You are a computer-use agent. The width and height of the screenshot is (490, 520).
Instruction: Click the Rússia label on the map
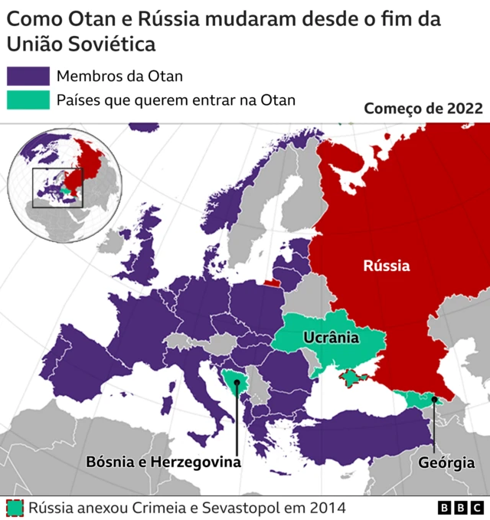[386, 266]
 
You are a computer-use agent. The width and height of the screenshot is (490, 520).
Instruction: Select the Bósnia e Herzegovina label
[163, 463]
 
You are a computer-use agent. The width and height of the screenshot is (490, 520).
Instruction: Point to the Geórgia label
[446, 463]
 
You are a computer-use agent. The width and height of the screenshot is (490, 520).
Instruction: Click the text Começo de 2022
[423, 109]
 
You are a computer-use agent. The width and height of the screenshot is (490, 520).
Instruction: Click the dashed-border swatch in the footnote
[14, 507]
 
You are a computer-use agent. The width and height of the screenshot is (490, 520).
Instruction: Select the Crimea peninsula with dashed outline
[354, 378]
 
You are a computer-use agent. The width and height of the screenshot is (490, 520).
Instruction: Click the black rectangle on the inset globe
[57, 188]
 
